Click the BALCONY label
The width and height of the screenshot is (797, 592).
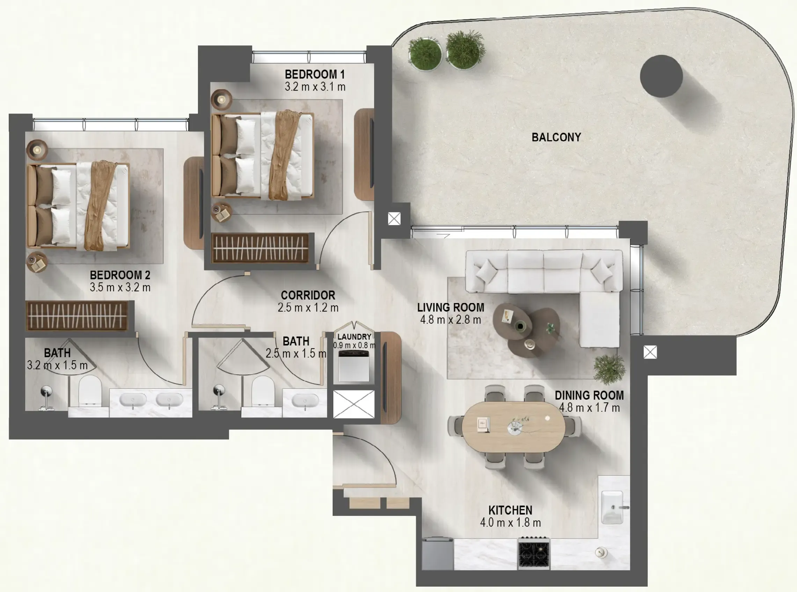(x=556, y=137)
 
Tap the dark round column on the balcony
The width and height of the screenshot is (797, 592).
(x=661, y=76)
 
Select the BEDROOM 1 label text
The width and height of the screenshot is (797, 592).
(x=315, y=74)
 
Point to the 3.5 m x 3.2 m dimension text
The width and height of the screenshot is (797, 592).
(x=120, y=287)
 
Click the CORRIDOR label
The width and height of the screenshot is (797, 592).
(x=308, y=295)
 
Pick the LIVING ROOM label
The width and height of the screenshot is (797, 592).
(x=451, y=308)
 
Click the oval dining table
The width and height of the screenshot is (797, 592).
(x=513, y=426)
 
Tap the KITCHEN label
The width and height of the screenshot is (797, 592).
(x=510, y=510)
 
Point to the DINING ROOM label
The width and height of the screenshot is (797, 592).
(x=589, y=396)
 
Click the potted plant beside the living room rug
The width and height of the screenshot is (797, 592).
(x=609, y=369)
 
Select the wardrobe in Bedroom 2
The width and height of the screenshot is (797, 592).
(x=77, y=316)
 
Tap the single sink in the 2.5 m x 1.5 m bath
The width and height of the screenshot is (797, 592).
(x=305, y=400)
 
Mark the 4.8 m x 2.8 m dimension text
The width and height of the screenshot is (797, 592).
(x=451, y=320)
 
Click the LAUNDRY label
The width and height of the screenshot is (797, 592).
(x=354, y=337)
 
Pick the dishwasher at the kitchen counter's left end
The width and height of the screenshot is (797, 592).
(x=438, y=554)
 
